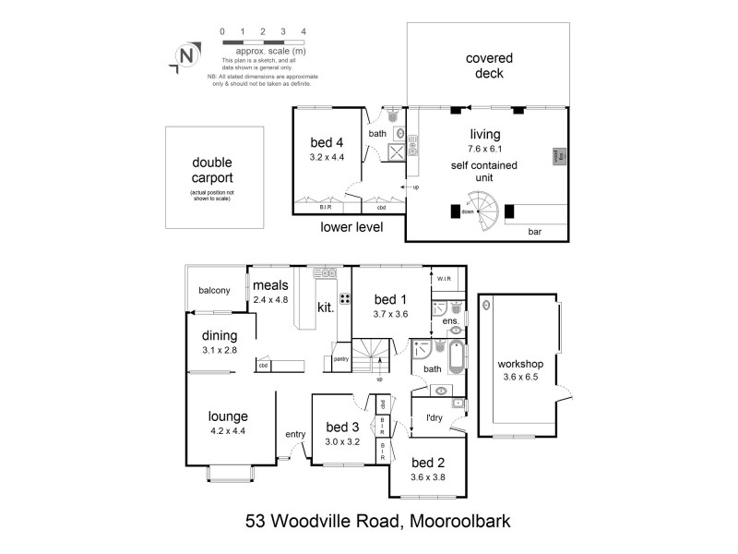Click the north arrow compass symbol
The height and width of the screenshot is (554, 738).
(x=186, y=57)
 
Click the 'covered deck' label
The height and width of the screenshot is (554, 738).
(x=489, y=66)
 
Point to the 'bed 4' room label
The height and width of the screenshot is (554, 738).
(x=327, y=142)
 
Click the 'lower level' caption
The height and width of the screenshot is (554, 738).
(x=351, y=226)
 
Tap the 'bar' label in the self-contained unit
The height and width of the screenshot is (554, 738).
(x=535, y=232)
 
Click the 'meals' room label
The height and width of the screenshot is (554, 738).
(x=272, y=284)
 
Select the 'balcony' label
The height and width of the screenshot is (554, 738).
(x=214, y=291)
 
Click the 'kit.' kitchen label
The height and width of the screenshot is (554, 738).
(x=326, y=306)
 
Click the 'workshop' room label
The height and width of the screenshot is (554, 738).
(x=520, y=364)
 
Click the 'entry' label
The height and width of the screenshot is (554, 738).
(x=295, y=435)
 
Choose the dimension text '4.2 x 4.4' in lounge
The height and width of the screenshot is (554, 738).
(x=227, y=430)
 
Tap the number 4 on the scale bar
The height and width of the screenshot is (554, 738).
(x=304, y=31)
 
